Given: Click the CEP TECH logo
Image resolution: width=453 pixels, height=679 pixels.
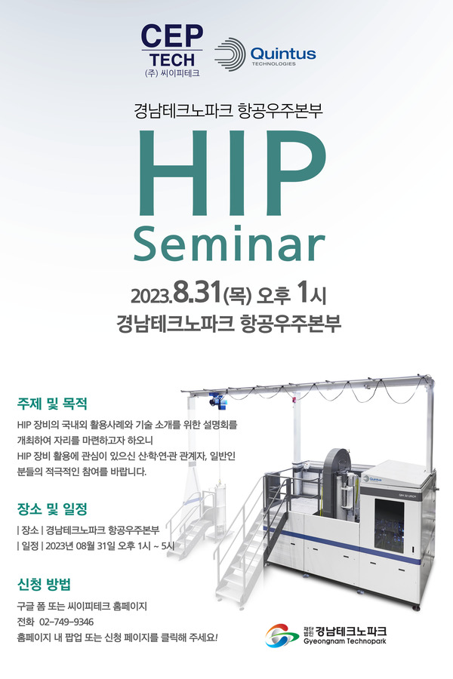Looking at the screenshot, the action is (x=172, y=51).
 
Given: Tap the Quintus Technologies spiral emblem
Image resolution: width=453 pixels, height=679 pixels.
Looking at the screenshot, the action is (x=230, y=54).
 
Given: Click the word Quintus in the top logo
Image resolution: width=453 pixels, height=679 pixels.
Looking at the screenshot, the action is (x=283, y=54).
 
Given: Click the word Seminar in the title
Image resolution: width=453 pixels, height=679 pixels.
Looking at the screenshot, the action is (x=230, y=244).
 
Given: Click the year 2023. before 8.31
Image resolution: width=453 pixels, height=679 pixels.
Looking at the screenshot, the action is (x=151, y=296).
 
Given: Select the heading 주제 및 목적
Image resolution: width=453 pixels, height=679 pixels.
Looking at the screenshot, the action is (x=52, y=404).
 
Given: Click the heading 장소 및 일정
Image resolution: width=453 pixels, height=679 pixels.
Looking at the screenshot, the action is (x=52, y=508).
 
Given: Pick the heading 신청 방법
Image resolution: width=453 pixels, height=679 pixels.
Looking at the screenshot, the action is (x=44, y=585).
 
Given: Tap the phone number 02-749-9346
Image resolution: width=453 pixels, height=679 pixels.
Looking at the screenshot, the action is (x=66, y=622).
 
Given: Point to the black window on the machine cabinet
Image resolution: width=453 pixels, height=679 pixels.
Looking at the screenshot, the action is (x=389, y=526).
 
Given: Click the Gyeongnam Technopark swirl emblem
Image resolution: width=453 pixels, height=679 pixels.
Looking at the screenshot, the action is (x=282, y=635).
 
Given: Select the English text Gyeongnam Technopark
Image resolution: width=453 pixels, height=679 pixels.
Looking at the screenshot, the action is (x=345, y=641).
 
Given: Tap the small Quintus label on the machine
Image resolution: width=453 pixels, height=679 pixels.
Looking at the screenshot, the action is (x=372, y=479).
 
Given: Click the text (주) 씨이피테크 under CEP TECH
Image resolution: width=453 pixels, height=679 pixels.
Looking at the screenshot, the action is (x=172, y=74).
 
